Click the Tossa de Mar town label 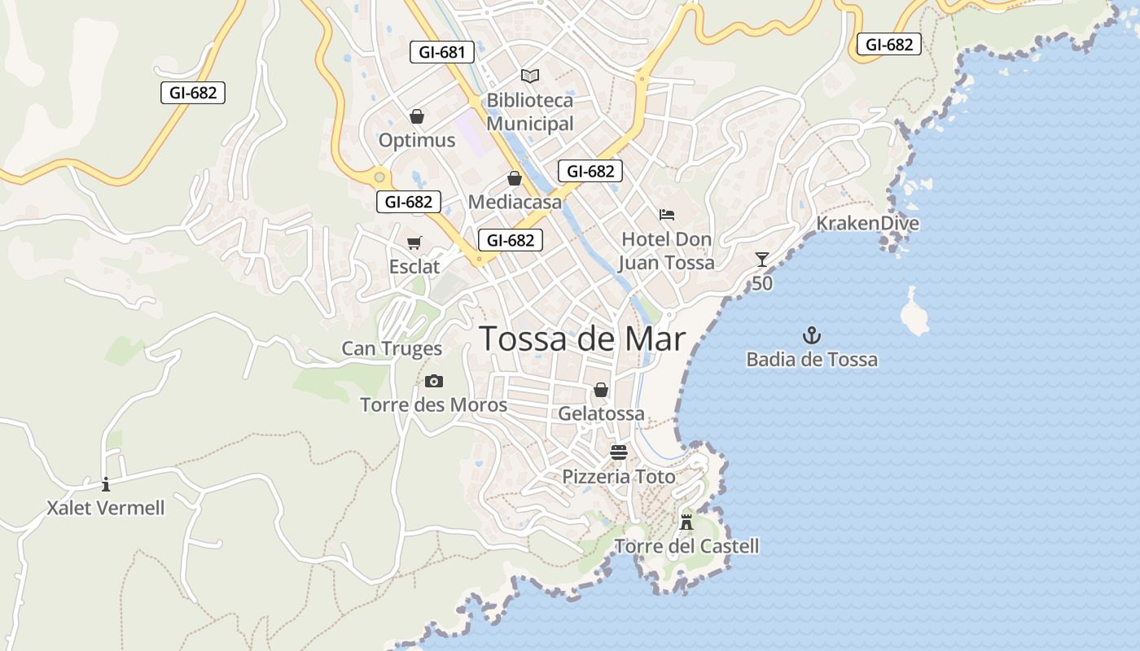pos(582,339)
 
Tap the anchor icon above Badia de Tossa pos(812,334)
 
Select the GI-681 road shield pos(441,53)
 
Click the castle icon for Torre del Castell pos(686,522)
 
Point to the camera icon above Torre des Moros pos(434,381)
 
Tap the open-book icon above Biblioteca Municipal pos(530,76)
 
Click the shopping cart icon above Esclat pos(414,242)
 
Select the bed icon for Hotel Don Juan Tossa pos(667,215)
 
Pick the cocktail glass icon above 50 pos(762,260)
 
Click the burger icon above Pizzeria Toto pos(619,452)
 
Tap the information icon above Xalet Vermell pos(106,484)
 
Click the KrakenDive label pos(867,224)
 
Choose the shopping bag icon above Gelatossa pos(601,391)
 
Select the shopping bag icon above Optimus pos(417,116)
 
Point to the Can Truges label pos(392,349)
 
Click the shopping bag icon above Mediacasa pos(515,178)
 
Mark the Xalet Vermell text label pos(106,509)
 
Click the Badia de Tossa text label pos(812,360)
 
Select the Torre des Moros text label pos(434,405)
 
